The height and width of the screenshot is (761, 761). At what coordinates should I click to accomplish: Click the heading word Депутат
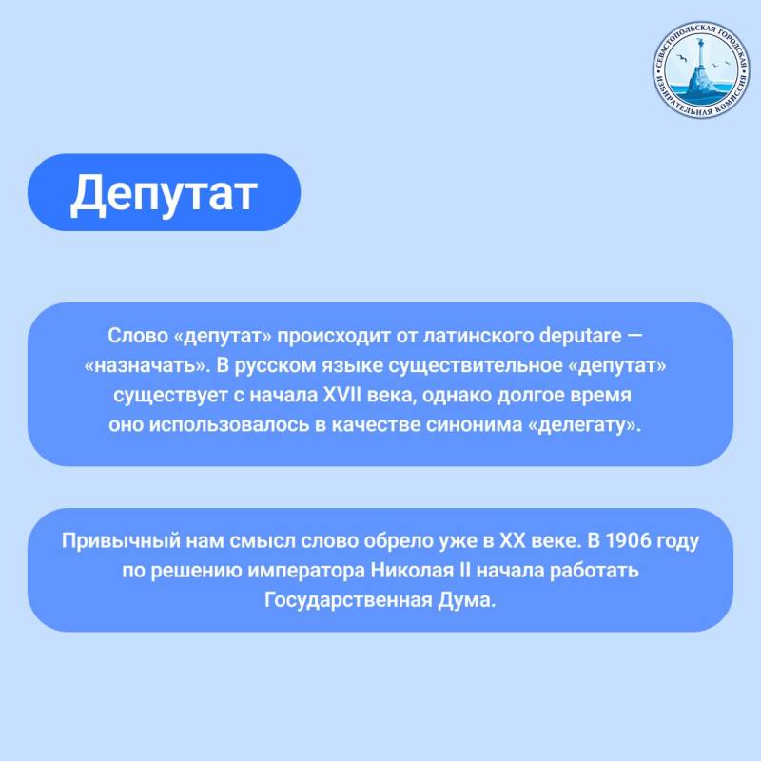pos(164,193)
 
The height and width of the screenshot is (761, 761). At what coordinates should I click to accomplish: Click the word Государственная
pos(351,600)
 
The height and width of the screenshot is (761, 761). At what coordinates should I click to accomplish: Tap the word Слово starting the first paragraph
pos(132,338)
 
